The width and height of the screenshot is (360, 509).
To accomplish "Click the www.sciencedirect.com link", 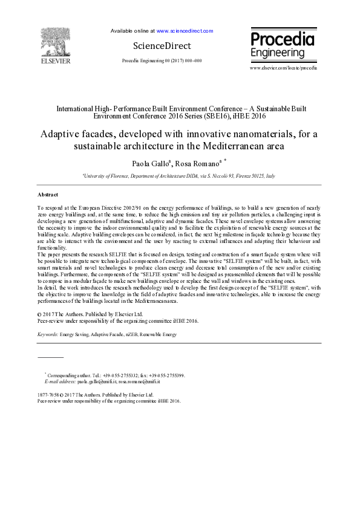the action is tap(185, 30).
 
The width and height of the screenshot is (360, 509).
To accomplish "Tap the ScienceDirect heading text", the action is tap(162, 46).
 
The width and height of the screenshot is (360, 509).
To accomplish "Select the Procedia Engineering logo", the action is tap(282, 45).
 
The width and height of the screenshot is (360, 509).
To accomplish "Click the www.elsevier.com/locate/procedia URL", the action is tap(283, 68).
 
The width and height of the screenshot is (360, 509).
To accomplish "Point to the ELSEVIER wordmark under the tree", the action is tap(55, 61).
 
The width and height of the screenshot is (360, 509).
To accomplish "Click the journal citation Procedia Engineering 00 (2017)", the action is tap(162, 61).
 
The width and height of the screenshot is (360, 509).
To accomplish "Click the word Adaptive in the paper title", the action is tap(60, 134).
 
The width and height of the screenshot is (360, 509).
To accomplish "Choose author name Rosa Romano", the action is tap(194, 163).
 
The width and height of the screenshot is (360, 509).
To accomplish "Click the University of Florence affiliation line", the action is tap(178, 175).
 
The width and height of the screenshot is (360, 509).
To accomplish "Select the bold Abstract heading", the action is tap(48, 195).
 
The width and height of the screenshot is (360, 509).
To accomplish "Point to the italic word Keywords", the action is tap(48, 334).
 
